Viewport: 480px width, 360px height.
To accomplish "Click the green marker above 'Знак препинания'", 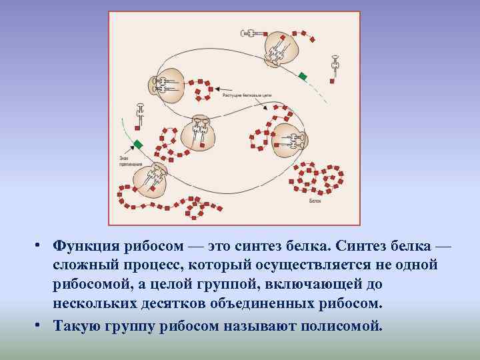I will pyautogui.click(x=138, y=144).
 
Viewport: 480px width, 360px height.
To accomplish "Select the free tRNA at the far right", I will pyautogui.click(x=335, y=67).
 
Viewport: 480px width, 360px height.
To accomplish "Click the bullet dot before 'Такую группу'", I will pyautogui.click(x=41, y=326).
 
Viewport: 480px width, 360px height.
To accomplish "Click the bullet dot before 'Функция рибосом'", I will pyautogui.click(x=41, y=246).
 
